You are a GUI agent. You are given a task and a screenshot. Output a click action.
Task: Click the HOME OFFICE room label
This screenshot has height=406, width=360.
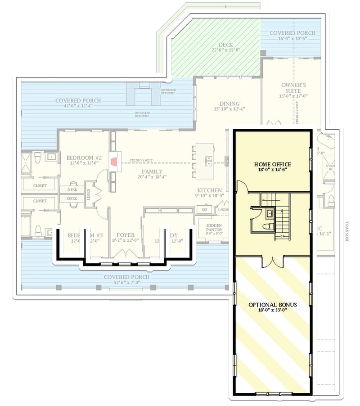pos(272,164)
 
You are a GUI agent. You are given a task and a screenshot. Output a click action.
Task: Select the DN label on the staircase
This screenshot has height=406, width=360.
pos(282,236)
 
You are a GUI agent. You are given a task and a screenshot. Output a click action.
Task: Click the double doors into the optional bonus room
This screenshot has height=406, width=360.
pos(273,261)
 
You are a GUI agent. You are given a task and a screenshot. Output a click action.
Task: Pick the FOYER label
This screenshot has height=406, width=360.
pos(126,235)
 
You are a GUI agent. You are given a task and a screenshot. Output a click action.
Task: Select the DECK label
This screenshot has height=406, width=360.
pos(225,45)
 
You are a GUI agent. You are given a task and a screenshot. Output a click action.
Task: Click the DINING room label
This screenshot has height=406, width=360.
pos(229,104)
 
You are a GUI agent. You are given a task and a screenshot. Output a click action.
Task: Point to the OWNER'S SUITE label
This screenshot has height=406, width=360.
pos(293,87)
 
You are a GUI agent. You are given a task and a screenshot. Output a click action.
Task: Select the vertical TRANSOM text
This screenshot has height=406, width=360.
pos(347,231)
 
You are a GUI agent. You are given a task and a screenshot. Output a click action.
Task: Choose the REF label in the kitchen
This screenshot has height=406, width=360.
pos(204,209)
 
